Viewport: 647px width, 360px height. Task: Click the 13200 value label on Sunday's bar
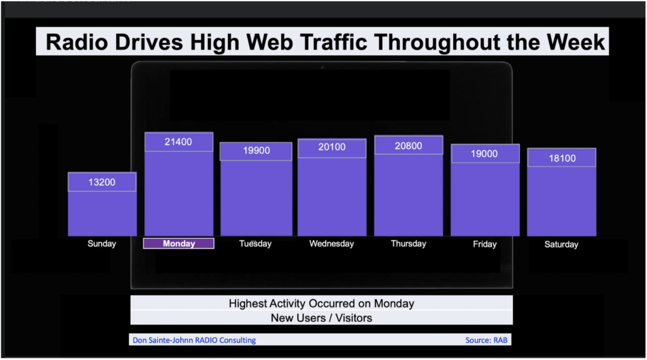click(102, 183)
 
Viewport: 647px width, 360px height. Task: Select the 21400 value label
click(178, 142)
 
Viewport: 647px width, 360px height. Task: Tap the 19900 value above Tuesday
click(257, 150)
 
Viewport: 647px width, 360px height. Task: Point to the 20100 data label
click(332, 147)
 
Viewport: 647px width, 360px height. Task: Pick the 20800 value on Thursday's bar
click(409, 146)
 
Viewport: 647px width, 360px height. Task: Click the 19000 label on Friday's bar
click(485, 154)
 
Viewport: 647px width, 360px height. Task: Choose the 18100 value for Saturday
click(562, 159)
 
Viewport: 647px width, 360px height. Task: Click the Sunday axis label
click(102, 244)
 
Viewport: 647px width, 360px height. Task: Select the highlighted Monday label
click(179, 244)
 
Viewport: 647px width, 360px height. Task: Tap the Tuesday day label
click(255, 244)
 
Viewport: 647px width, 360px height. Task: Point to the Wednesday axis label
click(332, 244)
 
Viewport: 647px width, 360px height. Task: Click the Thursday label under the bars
click(409, 244)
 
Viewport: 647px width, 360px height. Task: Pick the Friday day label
click(485, 244)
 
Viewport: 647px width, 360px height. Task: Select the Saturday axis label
click(561, 244)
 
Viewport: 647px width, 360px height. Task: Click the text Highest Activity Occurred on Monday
click(322, 304)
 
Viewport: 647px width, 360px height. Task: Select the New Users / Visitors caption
click(322, 318)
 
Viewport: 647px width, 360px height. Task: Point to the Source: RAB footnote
click(487, 340)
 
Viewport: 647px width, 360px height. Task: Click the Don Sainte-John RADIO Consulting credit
click(194, 340)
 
